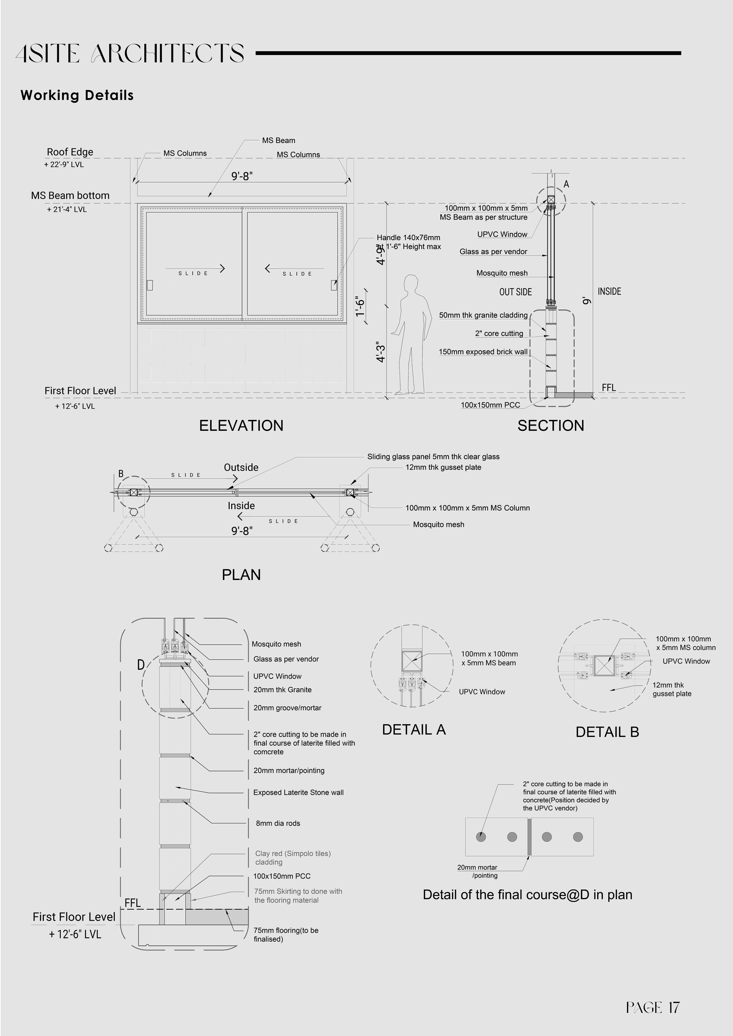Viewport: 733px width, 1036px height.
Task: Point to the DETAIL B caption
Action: pyautogui.click(x=607, y=732)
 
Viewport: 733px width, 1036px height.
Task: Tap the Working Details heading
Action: pyautogui.click(x=77, y=95)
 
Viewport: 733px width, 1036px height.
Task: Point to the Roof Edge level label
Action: pyautogui.click(x=70, y=152)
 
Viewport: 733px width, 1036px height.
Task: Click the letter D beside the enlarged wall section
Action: pyautogui.click(x=141, y=665)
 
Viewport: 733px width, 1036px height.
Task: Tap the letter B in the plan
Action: pyautogui.click(x=121, y=474)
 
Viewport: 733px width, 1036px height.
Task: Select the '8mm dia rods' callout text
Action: pyautogui.click(x=278, y=823)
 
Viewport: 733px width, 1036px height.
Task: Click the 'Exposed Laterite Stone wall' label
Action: pyautogui.click(x=298, y=792)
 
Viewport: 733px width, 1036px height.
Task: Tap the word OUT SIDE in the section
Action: pyautogui.click(x=515, y=292)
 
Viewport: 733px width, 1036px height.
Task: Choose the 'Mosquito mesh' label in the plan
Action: pyautogui.click(x=438, y=524)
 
